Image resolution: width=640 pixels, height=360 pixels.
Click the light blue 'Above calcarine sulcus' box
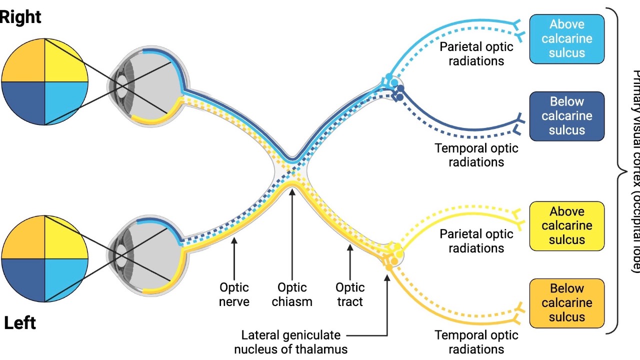click(x=566, y=39)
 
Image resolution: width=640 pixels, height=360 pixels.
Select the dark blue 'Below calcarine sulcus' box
click(x=566, y=116)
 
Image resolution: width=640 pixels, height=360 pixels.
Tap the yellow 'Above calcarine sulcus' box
click(x=566, y=226)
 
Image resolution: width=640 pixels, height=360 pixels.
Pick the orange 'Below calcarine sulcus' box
click(x=566, y=303)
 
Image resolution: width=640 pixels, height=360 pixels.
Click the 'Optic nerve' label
click(x=234, y=294)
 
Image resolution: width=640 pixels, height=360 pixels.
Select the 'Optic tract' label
click(x=350, y=294)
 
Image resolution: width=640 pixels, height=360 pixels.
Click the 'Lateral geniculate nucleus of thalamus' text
click(x=291, y=342)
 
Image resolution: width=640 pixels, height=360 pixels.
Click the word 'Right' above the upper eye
click(x=20, y=17)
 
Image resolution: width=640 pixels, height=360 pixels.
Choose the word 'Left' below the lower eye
click(x=20, y=323)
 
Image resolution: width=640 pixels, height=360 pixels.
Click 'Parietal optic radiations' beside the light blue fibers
click(x=476, y=53)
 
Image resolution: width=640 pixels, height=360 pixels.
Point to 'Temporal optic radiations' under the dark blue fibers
click(x=476, y=155)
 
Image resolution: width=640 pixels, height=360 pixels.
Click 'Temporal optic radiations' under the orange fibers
click(x=476, y=342)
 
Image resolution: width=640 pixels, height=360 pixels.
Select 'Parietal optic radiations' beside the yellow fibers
click(x=476, y=240)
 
